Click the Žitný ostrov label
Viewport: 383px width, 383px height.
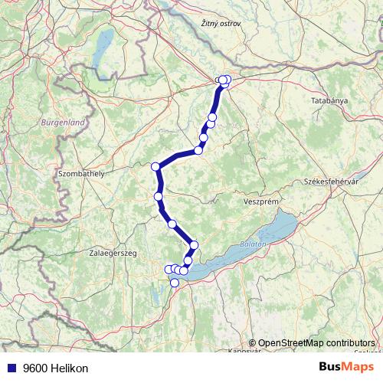point(220,24)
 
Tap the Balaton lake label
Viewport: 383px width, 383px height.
point(251,243)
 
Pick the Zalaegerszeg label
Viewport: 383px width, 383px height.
point(113,251)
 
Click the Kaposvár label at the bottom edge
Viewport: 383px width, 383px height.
point(245,350)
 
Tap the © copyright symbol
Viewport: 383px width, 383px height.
point(253,343)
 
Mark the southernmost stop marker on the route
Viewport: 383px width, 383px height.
point(175,283)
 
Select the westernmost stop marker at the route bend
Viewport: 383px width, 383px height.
point(155,166)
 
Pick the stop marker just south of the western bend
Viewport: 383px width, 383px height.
point(159,197)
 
